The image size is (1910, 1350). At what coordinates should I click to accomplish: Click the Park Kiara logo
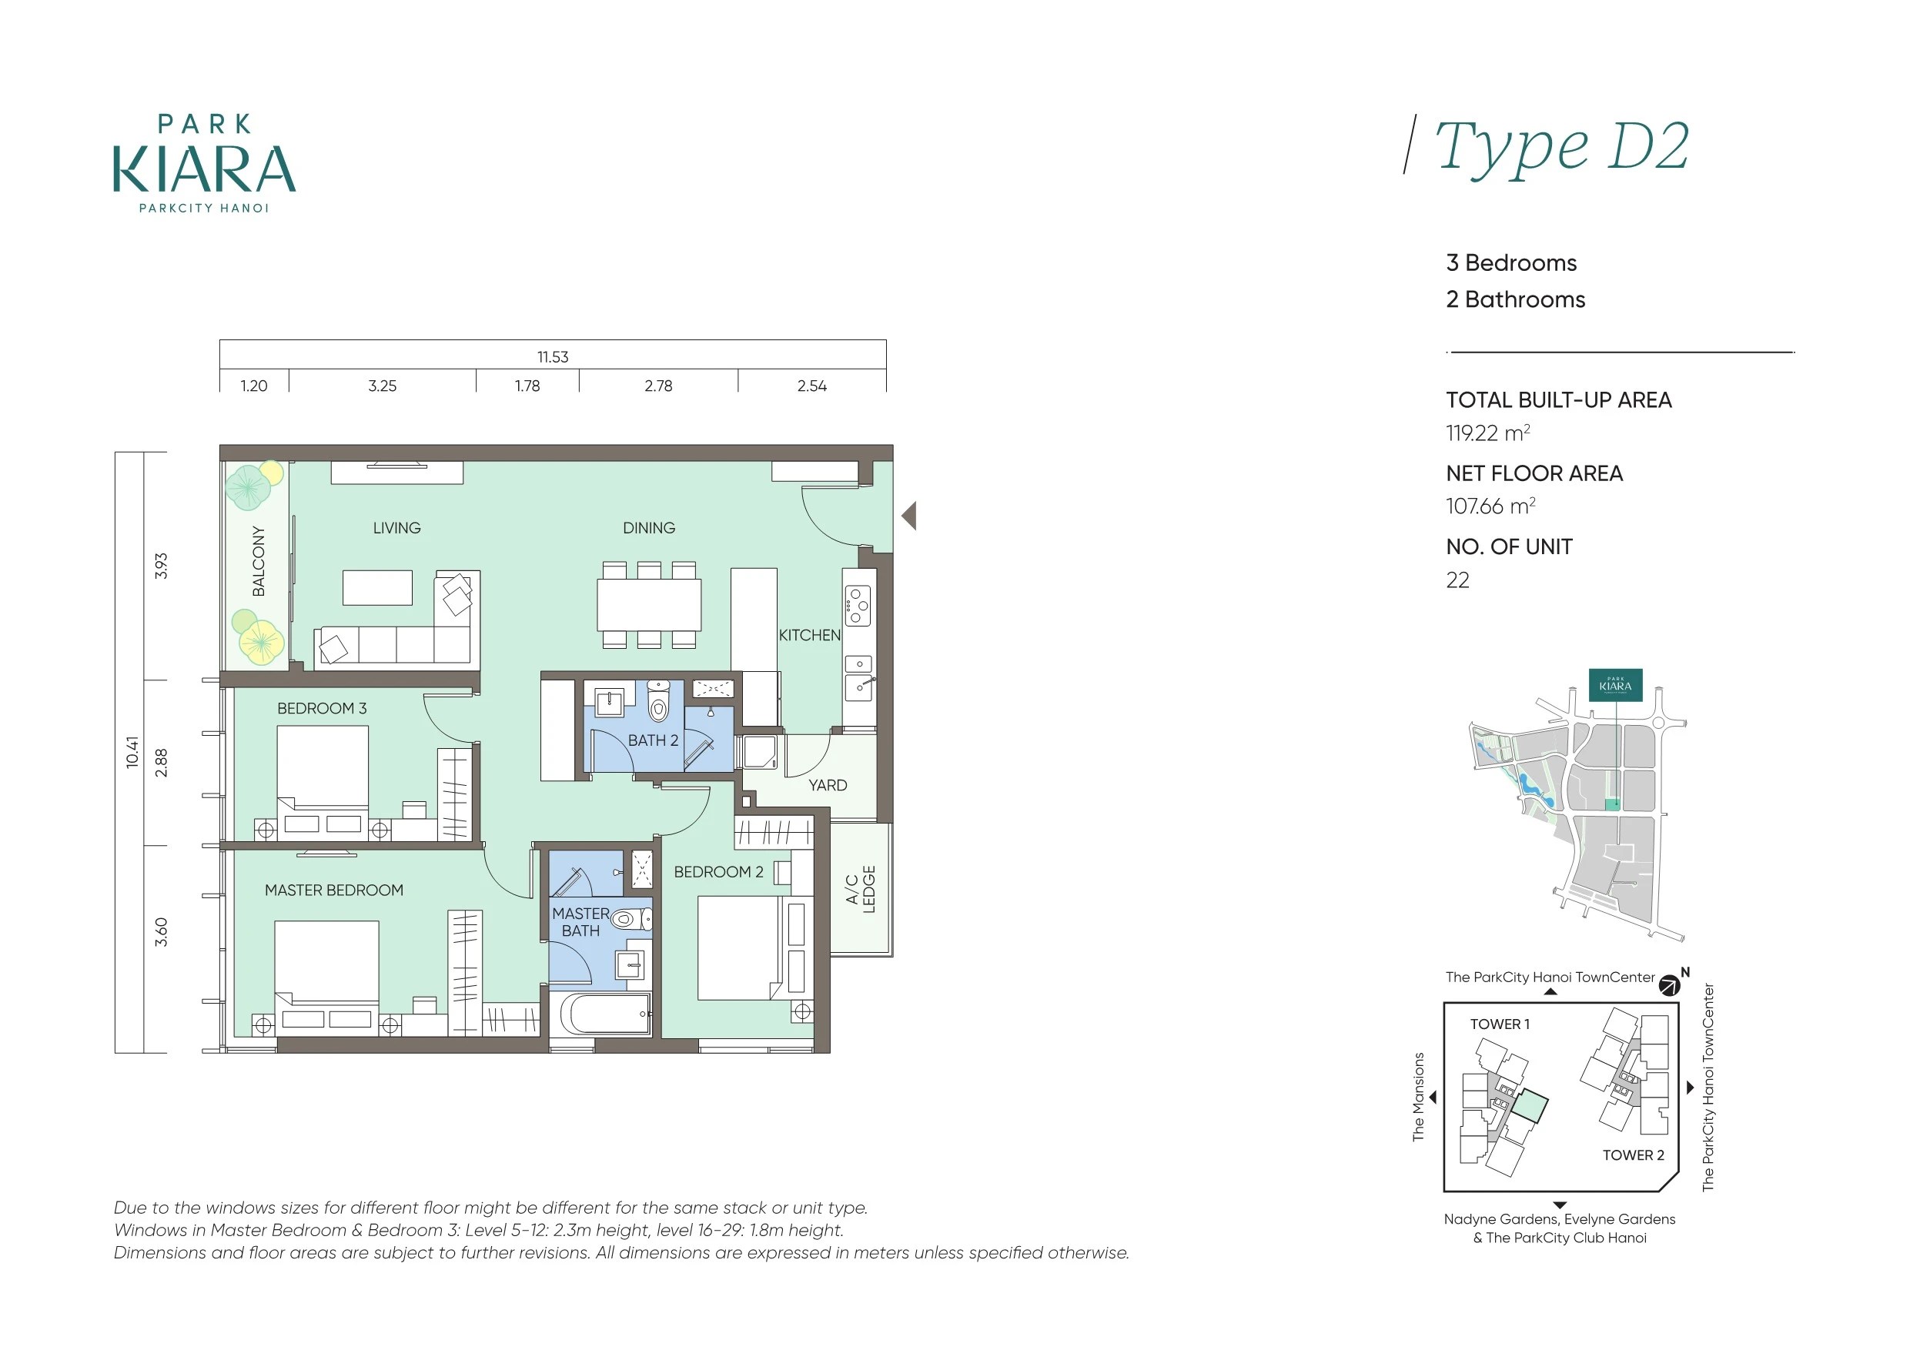[205, 164]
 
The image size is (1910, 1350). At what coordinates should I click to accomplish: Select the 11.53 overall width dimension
[554, 357]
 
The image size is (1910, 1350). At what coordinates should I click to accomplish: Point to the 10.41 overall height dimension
[132, 752]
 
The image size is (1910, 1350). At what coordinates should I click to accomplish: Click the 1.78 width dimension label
[527, 386]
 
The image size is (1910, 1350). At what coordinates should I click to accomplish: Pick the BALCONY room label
[259, 561]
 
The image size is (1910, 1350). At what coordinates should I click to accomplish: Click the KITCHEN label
[809, 636]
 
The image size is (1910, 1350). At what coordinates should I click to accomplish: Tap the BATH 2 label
[653, 740]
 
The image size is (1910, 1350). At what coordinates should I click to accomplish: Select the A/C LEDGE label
[860, 889]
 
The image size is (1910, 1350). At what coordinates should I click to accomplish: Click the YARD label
[828, 785]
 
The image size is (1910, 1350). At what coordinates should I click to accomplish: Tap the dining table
[649, 605]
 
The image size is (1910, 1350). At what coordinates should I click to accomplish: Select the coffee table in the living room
[378, 587]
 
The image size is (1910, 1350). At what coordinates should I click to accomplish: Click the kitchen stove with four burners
[858, 606]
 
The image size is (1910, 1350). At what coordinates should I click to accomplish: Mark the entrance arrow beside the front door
[909, 516]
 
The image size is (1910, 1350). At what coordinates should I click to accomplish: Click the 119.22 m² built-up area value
[1488, 433]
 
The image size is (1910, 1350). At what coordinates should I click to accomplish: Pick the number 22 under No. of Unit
[1457, 580]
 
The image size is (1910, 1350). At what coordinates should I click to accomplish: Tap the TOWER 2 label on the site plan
[1634, 1155]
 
